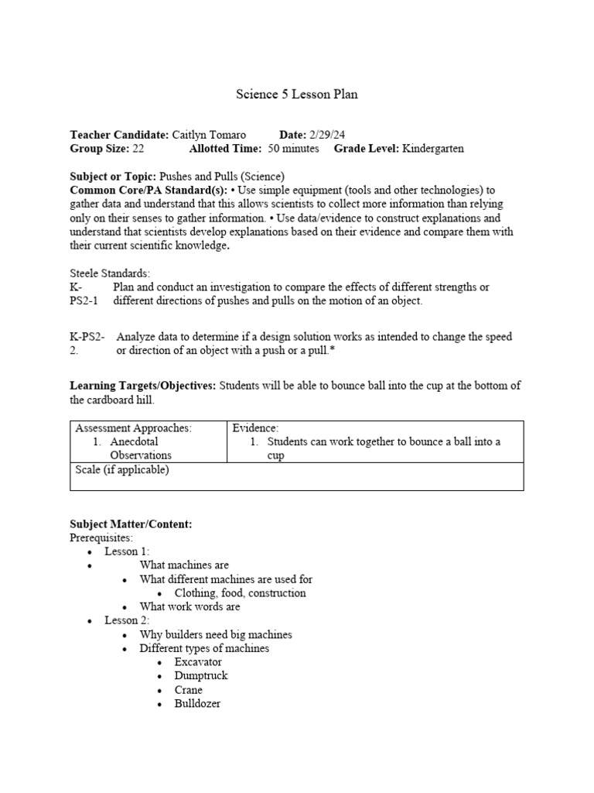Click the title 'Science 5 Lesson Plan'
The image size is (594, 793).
(297, 94)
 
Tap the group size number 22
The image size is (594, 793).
(138, 149)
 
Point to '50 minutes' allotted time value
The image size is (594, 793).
(293, 149)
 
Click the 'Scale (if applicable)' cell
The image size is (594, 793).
(121, 469)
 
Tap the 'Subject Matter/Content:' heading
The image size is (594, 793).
(131, 524)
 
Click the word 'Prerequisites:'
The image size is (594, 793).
(101, 537)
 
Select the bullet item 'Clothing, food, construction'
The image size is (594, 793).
(240, 593)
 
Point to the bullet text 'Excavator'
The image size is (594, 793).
(198, 662)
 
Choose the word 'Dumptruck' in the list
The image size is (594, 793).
(201, 676)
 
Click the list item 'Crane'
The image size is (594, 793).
(189, 690)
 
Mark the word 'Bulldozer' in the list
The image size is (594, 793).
(198, 704)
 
